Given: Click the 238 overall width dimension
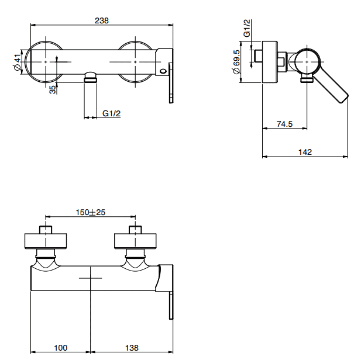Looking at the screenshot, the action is (102, 20).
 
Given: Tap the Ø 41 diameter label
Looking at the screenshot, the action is (18, 63).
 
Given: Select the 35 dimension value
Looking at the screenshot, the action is (53, 89).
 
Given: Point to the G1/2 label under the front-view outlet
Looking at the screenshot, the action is (111, 113).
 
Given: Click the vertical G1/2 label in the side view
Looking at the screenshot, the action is (246, 28).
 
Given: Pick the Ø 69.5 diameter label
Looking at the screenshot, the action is (236, 62).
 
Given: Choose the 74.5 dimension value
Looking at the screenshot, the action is (284, 124).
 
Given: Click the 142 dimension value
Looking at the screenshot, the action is (305, 152).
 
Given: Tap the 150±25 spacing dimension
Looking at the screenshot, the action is (91, 212).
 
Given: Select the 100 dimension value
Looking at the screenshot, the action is (60, 348).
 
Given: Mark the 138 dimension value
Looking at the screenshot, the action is (132, 348).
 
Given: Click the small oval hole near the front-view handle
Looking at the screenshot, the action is (163, 71).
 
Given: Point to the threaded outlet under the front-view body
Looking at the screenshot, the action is (91, 77).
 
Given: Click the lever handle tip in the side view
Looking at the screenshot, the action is (343, 98).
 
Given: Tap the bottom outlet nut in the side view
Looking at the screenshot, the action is (307, 79).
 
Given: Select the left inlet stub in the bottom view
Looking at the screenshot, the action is (46, 230).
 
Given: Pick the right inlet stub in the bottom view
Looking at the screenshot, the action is (135, 230).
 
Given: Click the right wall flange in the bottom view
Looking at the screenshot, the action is (135, 241).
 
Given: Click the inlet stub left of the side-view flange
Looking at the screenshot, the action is (259, 56).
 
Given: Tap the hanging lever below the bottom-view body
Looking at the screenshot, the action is (171, 306).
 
